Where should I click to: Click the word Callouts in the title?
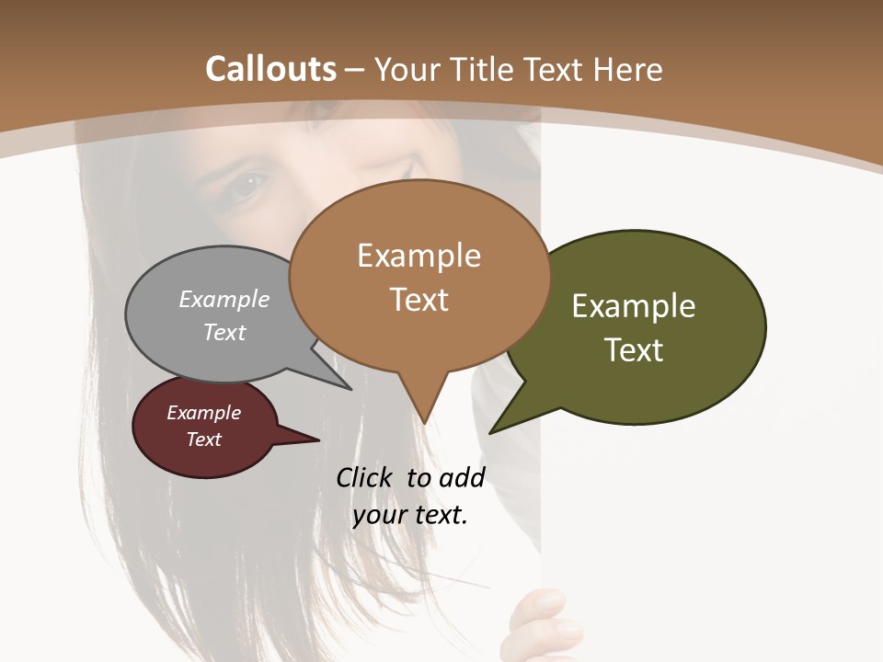coord(271,69)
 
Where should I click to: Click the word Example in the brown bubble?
coord(419,256)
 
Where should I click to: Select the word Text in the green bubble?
coord(634,350)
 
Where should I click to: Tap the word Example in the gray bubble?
coord(224,300)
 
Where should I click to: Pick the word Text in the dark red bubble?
coord(204,439)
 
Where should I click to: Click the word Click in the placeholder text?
coord(366,477)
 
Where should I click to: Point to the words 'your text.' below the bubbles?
coord(410,515)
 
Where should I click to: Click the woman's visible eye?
coord(247,186)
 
